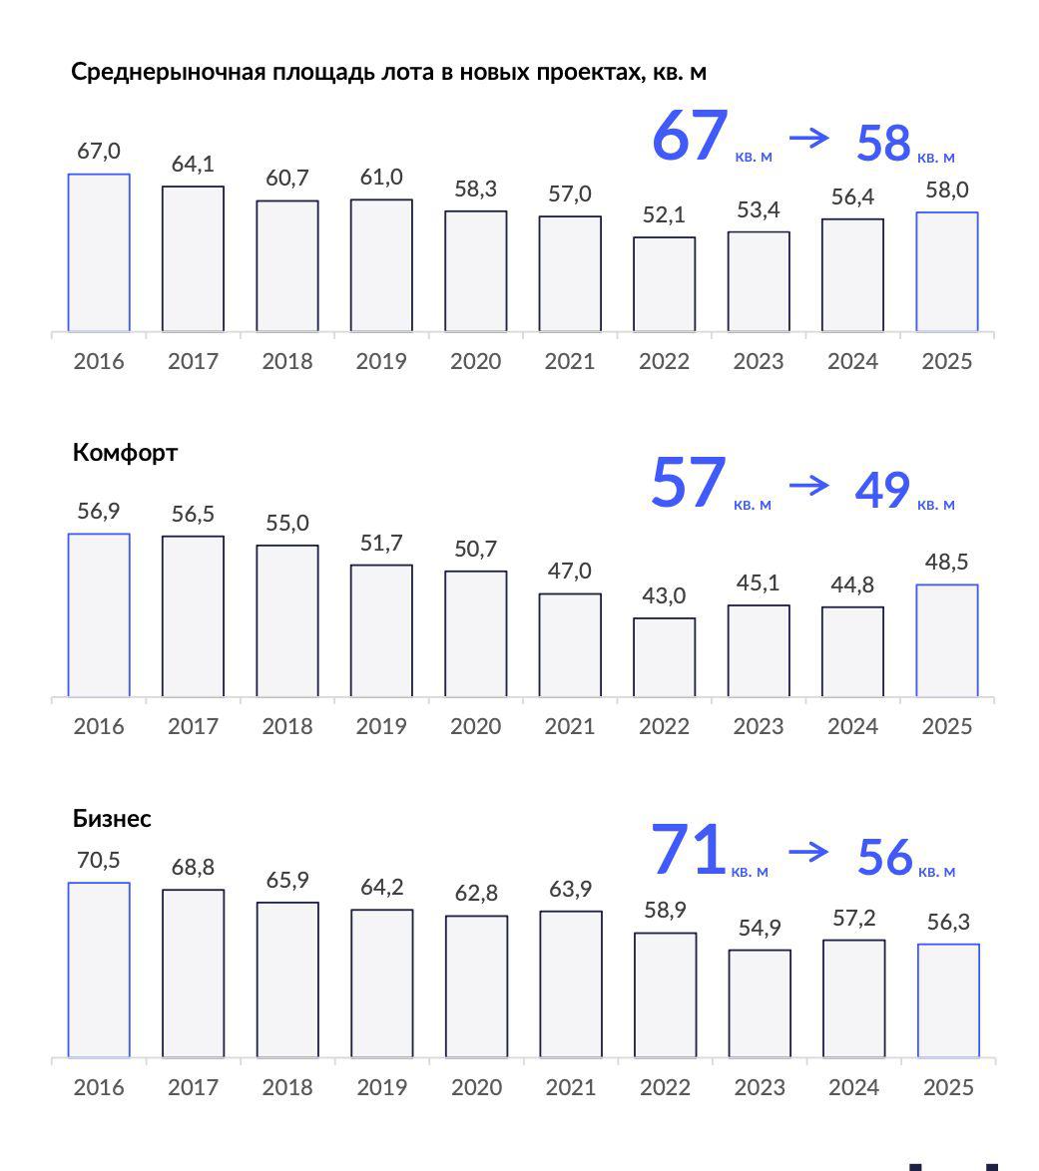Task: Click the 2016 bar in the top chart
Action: point(99,252)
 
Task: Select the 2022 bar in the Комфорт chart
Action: point(664,657)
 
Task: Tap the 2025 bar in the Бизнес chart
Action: point(948,1000)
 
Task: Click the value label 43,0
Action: point(664,595)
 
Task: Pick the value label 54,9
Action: point(760,928)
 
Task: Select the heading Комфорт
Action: point(125,453)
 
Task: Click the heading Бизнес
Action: point(112,819)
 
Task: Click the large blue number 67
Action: point(690,136)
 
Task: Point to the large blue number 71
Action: point(688,851)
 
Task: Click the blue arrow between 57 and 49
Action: point(808,485)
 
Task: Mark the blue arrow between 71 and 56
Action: point(808,851)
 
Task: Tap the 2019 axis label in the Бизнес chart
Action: point(381,1087)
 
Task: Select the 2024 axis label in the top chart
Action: point(852,361)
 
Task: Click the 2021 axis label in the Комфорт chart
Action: point(570,726)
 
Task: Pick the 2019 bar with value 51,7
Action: point(381,630)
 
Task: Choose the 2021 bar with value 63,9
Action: point(571,983)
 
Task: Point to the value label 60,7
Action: point(287,179)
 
